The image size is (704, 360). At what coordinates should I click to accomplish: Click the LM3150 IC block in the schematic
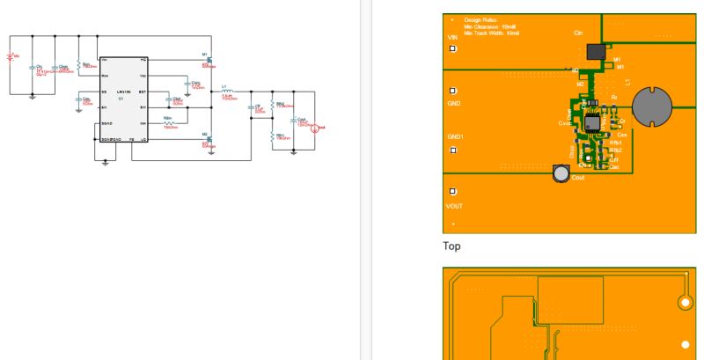click(x=123, y=99)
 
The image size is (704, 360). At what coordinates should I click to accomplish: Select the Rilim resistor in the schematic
click(x=168, y=123)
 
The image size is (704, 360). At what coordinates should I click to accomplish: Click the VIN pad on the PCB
click(x=452, y=49)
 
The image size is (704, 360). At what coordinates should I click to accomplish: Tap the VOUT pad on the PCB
click(x=452, y=192)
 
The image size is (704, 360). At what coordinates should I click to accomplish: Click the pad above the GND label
click(x=452, y=91)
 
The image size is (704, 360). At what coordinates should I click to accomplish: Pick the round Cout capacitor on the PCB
click(x=561, y=173)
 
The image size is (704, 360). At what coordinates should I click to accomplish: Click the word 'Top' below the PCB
click(x=451, y=247)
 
